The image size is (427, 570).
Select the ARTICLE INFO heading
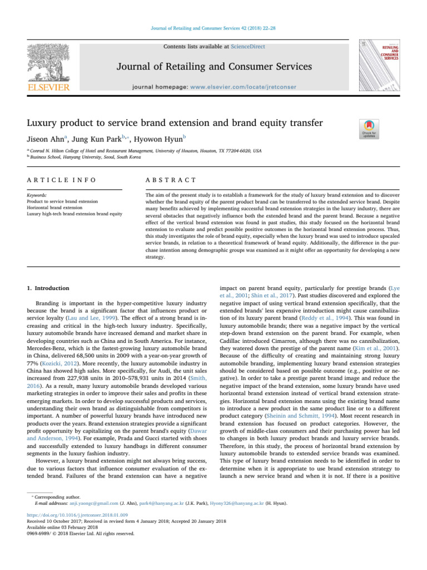(62, 180)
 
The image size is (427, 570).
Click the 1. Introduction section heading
(49, 288)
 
